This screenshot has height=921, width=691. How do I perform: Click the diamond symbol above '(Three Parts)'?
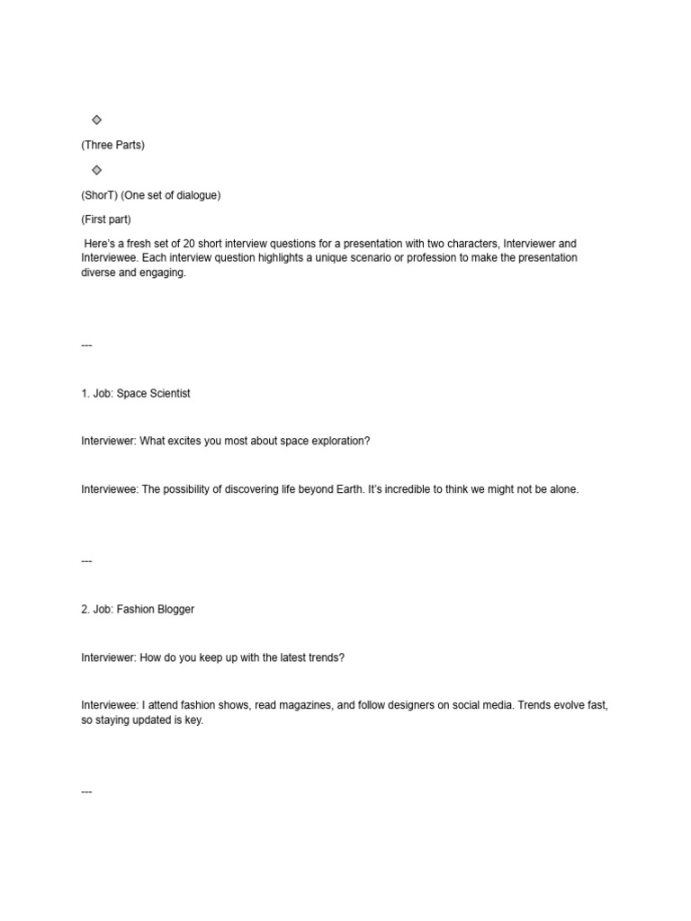pyautogui.click(x=96, y=120)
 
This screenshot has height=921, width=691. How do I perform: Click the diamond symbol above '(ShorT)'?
pyautogui.click(x=96, y=170)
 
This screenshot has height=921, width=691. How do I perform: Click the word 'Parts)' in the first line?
pyautogui.click(x=130, y=145)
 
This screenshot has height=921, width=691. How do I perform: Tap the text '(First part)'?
pyautogui.click(x=106, y=219)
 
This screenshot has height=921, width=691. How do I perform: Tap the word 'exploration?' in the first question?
pyautogui.click(x=338, y=442)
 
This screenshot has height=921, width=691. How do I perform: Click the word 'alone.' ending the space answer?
pyautogui.click(x=563, y=490)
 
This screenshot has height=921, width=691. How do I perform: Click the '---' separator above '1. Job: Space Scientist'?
pyautogui.click(x=86, y=345)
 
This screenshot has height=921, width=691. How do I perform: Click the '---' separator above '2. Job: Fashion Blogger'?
pyautogui.click(x=86, y=561)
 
